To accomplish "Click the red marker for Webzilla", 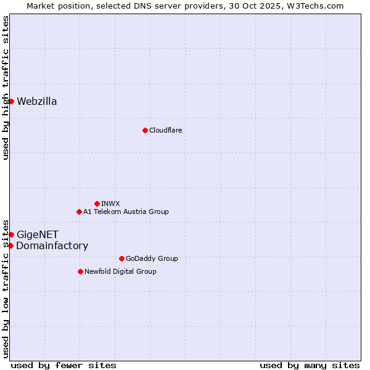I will pyautogui.click(x=11, y=101).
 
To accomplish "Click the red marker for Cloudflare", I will pyautogui.click(x=145, y=130).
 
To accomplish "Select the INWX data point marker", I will pyautogui.click(x=97, y=203).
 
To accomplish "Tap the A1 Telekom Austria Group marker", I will pyautogui.click(x=79, y=212).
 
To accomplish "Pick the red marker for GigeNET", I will pyautogui.click(x=11, y=234).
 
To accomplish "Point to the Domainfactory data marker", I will pyautogui.click(x=10, y=245).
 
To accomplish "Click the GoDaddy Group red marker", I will pyautogui.click(x=121, y=258).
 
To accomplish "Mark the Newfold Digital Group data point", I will pyautogui.click(x=80, y=271).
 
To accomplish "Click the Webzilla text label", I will pyautogui.click(x=37, y=102).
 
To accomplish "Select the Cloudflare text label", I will pyautogui.click(x=165, y=130).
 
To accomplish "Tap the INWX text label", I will pyautogui.click(x=110, y=203).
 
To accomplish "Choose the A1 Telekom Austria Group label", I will pyautogui.click(x=126, y=212).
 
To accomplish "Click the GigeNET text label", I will pyautogui.click(x=38, y=234).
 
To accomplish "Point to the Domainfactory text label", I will pyautogui.click(x=52, y=246).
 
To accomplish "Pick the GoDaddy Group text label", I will pyautogui.click(x=151, y=258).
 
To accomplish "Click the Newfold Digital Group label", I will pyautogui.click(x=120, y=271).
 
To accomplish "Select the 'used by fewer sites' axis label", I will pyautogui.click(x=64, y=365).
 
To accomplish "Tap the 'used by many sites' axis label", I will pyautogui.click(x=310, y=365).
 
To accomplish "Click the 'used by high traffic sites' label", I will pyautogui.click(x=6, y=88).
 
